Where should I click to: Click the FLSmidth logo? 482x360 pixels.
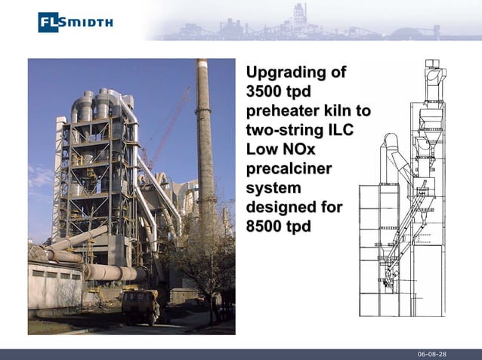[76, 22]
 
